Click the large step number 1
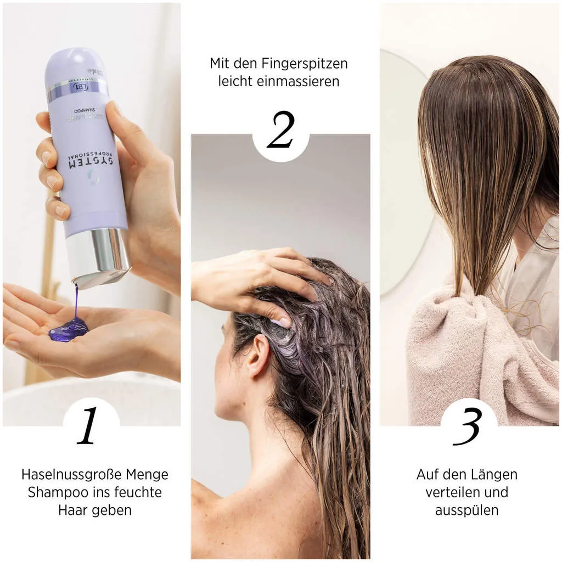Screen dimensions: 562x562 tap(88, 426)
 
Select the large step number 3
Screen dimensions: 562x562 tap(468, 426)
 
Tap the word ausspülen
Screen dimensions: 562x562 tap(467, 510)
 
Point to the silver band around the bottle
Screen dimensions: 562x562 tap(77, 89)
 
